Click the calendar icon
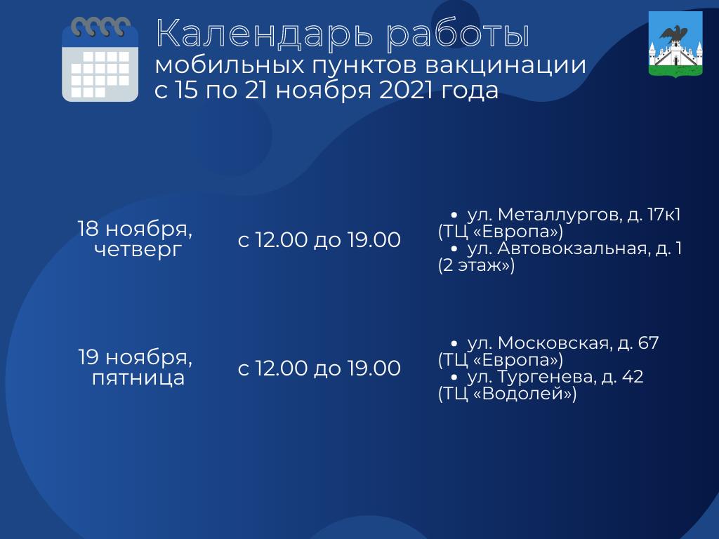click(x=100, y=59)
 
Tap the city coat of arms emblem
click(x=675, y=44)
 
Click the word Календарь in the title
click(x=264, y=34)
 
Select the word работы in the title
click(x=458, y=34)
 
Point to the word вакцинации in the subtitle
click(x=506, y=66)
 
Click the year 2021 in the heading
click(x=406, y=90)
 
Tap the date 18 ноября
click(x=135, y=229)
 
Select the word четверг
click(x=138, y=250)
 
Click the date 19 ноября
click(x=136, y=357)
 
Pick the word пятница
click(x=138, y=378)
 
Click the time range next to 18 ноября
click(x=319, y=240)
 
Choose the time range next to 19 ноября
click(x=319, y=368)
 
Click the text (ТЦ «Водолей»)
click(x=507, y=394)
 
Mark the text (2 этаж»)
click(x=476, y=265)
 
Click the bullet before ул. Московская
click(x=454, y=342)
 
